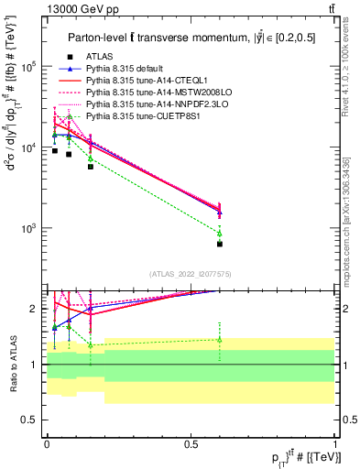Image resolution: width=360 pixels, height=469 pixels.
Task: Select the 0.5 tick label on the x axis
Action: click(x=191, y=442)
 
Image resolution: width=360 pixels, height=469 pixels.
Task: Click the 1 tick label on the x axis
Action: click(x=335, y=442)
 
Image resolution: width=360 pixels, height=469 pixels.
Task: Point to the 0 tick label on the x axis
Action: click(x=47, y=442)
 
